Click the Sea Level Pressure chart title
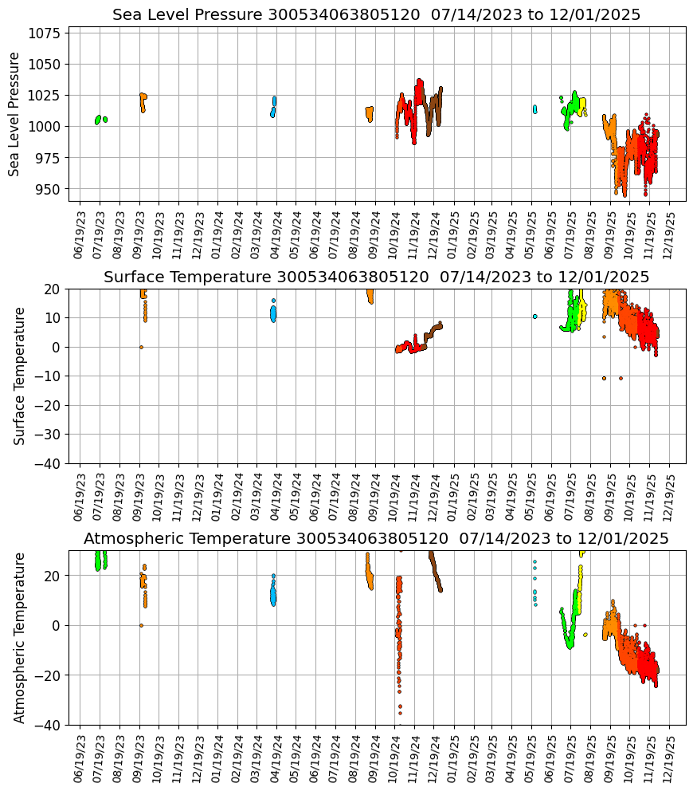(376, 15)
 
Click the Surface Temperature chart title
(376, 277)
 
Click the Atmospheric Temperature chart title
(376, 538)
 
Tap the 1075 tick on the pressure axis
(46, 33)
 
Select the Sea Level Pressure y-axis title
(15, 114)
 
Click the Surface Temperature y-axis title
(20, 376)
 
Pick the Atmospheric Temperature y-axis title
(20, 637)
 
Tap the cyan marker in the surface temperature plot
(534, 317)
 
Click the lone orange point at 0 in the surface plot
(141, 347)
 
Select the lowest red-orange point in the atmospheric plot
(400, 713)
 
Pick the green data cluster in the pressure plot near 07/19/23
(98, 120)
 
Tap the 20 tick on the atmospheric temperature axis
(56, 576)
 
